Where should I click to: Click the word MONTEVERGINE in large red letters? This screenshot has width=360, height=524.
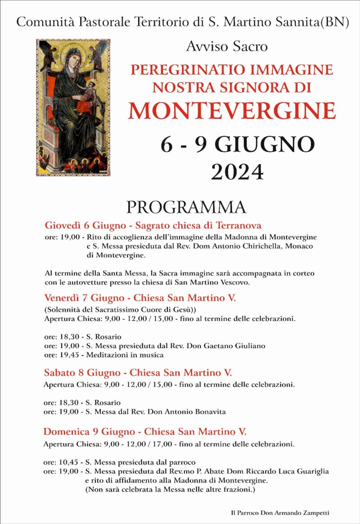tap(232, 111)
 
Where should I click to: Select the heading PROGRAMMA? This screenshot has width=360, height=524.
tap(186, 207)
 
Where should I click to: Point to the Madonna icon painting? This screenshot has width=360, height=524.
tap(73, 107)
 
